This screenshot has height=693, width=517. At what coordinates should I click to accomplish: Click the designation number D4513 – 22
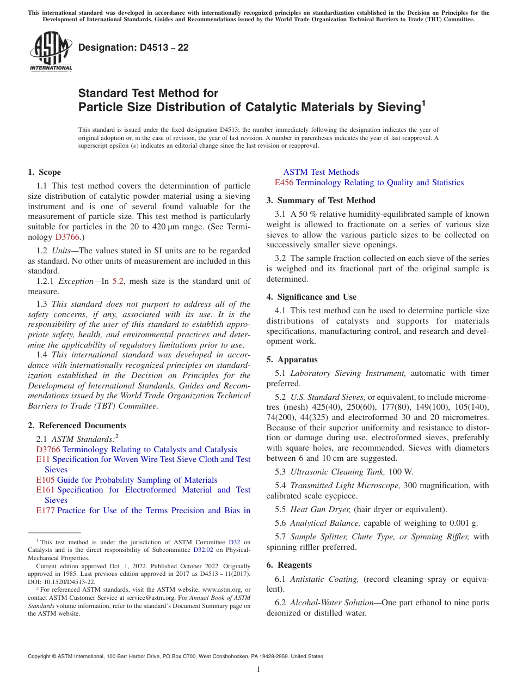(133, 47)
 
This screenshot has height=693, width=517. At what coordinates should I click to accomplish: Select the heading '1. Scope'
(44, 172)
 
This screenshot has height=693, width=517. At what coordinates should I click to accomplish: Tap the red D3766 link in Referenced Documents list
(48, 449)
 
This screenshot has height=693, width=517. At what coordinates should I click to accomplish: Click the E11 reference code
(43, 459)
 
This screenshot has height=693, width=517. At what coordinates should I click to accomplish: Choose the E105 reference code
(45, 480)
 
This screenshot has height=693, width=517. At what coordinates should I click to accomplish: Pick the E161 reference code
(45, 490)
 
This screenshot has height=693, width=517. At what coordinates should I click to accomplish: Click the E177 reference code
(45, 510)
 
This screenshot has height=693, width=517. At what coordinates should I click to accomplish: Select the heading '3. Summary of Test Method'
(321, 200)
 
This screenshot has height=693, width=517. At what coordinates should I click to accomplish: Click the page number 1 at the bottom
(258, 670)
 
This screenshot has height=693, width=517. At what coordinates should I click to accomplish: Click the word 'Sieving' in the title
(396, 107)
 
